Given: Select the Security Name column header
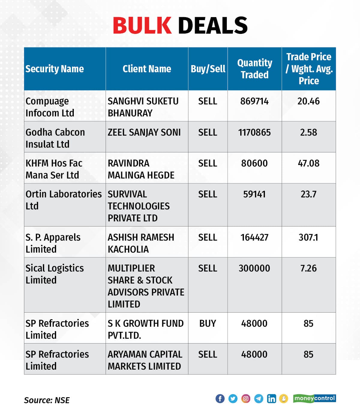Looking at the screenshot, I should tap(55, 69).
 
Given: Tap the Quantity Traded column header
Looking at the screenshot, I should tap(254, 69).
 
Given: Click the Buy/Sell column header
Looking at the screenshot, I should tap(208, 69).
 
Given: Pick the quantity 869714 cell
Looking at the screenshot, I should tap(254, 101).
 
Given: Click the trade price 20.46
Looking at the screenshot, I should tap(308, 101).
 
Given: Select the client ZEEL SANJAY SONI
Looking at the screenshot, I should tap(144, 132).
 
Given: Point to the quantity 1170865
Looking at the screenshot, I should tap(254, 132).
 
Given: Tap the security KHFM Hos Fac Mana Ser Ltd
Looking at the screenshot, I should tap(54, 169).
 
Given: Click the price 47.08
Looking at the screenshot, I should tap(308, 163).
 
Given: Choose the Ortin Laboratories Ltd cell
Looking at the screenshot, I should tap(64, 200).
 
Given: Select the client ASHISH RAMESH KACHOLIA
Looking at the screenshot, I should tap(141, 243).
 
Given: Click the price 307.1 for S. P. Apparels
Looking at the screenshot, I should tap(308, 237).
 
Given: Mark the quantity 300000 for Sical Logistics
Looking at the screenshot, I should tap(254, 268).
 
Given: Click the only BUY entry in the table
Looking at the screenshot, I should tap(208, 323).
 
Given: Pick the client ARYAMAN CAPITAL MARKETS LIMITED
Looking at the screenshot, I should tap(145, 360).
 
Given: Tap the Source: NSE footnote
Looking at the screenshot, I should tap(47, 400).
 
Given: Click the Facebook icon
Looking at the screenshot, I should tap(220, 398).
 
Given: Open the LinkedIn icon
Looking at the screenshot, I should tap(271, 398).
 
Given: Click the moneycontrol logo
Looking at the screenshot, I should tap(314, 398).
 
